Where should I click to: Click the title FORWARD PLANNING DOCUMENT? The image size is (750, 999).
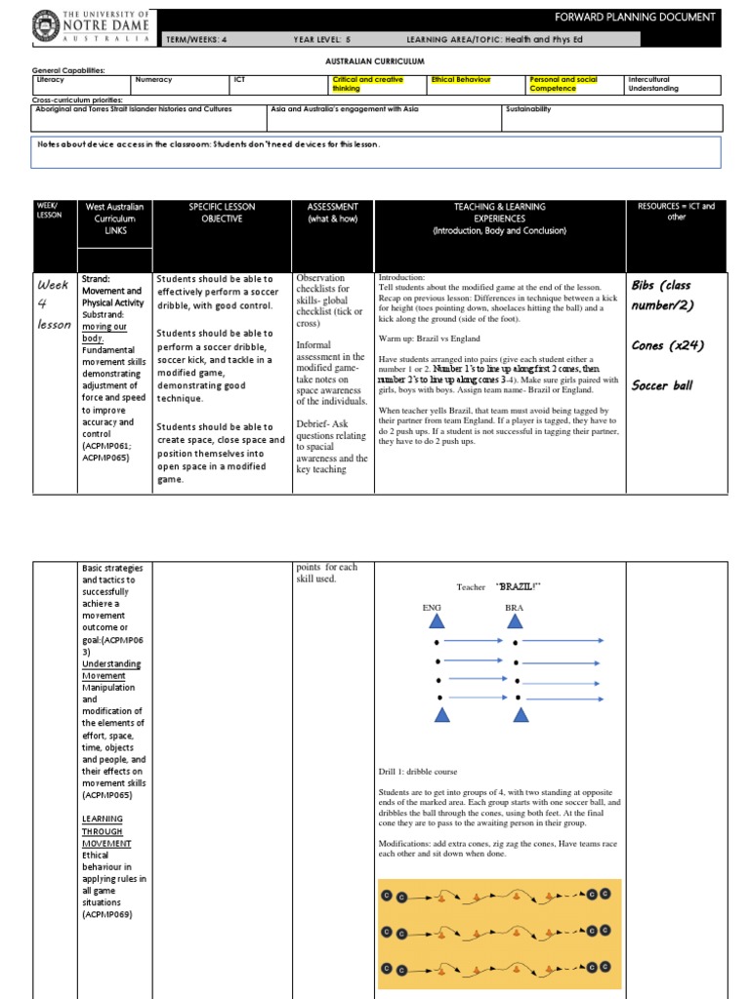pos(648,18)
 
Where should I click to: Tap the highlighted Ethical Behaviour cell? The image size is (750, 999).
pos(461,79)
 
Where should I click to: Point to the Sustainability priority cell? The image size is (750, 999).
pos(528,109)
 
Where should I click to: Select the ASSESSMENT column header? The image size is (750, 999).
pos(332,213)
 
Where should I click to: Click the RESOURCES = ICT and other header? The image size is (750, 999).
pos(676,213)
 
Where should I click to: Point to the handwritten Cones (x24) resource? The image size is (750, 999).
pos(668,345)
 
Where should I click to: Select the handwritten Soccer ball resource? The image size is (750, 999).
pos(662,385)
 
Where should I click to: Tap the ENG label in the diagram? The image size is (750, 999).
pos(431,607)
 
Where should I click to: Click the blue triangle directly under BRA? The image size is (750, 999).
pos(515,621)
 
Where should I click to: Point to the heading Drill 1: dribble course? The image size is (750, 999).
pos(418,771)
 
